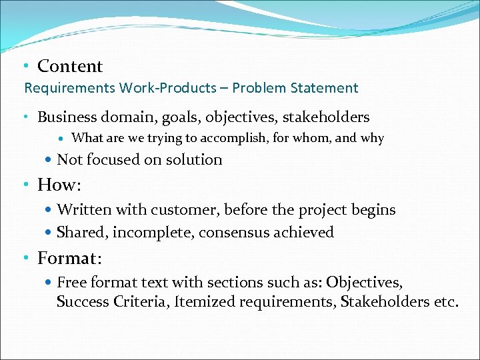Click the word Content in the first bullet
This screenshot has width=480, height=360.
pyautogui.click(x=70, y=66)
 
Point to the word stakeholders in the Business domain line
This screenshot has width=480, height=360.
pyautogui.click(x=325, y=117)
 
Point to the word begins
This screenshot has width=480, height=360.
pyautogui.click(x=371, y=210)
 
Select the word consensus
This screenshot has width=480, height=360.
pyautogui.click(x=232, y=233)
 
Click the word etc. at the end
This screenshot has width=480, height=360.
pyautogui.click(x=446, y=302)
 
